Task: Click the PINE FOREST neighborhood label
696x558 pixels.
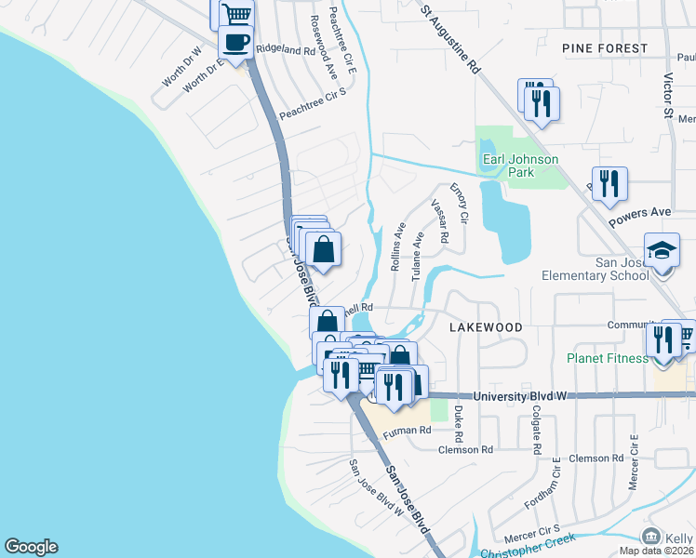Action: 605,47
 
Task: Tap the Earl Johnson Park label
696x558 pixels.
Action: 520,166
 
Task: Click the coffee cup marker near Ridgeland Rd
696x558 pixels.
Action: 236,43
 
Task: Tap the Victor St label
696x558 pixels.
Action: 668,97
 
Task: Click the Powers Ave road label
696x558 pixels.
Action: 640,218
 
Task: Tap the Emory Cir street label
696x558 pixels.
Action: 460,202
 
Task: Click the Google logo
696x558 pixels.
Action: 31,547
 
